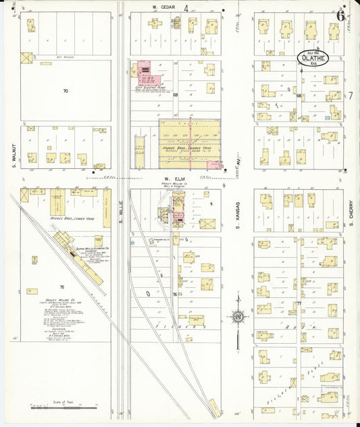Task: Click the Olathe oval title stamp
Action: tap(311, 57)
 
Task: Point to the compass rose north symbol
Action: tap(237, 316)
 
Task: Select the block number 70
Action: tap(66, 91)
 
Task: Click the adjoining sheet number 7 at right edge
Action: tap(351, 96)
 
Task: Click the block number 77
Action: tap(298, 304)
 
